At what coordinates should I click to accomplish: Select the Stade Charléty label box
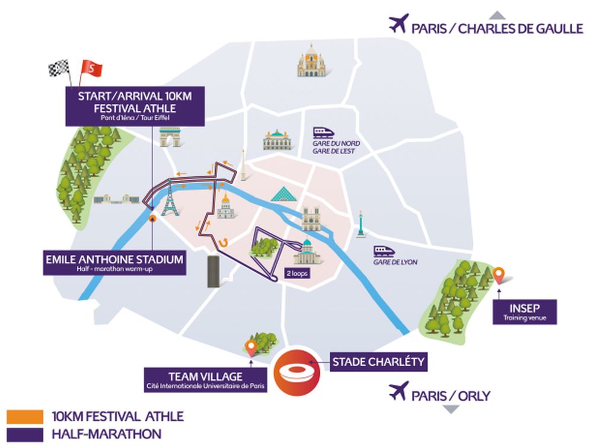coord(378,361)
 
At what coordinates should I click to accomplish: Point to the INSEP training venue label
coord(524,312)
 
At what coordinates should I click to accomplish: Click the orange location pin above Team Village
coord(251,349)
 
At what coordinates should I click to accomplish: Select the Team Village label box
coord(206,380)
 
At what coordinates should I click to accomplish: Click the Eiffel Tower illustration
coord(170,198)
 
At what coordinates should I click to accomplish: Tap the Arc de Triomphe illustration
coord(168,137)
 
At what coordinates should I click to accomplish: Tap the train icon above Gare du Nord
coord(326,132)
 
